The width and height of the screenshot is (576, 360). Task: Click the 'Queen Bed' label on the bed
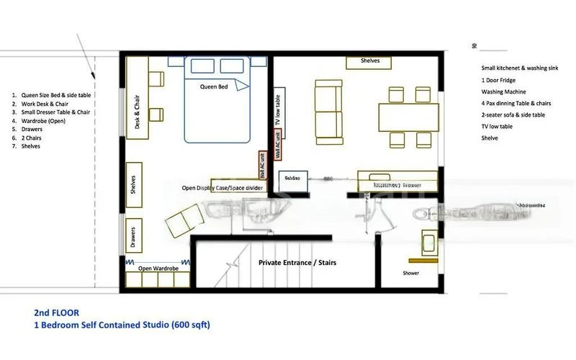tap(213, 86)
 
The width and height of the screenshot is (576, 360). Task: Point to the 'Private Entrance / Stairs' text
tap(297, 263)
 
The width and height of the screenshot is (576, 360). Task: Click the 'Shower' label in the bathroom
tap(411, 273)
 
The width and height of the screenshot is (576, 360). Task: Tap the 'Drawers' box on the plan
tap(133, 235)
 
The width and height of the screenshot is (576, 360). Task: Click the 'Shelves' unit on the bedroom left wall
tap(133, 185)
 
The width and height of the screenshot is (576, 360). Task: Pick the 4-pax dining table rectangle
tap(407, 116)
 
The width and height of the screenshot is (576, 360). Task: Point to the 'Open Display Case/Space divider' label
tap(223, 188)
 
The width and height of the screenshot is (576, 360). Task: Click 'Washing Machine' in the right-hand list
tap(503, 92)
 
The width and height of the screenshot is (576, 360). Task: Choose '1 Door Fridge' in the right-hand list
tap(496, 80)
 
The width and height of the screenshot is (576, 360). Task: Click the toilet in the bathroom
tap(426, 213)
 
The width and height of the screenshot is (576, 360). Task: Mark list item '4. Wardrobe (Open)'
tap(38, 120)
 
